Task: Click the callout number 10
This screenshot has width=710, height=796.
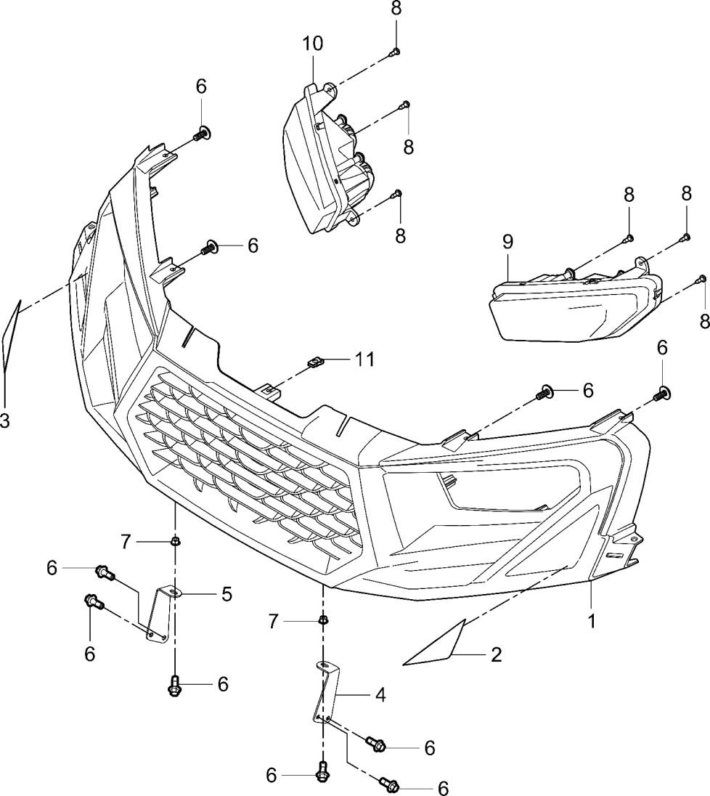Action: coord(313,44)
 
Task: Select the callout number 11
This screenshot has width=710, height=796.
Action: coord(364,359)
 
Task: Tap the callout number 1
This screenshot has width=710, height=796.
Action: coord(592,622)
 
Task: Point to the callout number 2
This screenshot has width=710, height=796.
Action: coord(496,655)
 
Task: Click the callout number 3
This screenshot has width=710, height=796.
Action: coord(5,421)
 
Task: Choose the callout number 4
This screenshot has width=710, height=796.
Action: coord(380,695)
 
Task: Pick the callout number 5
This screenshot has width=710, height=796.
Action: coord(227,594)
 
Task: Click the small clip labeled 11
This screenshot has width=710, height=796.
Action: coord(314,361)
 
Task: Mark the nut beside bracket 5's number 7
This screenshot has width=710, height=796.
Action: coord(175,541)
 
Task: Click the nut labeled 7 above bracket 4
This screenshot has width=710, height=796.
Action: coord(321,621)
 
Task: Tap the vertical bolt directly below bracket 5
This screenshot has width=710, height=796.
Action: coord(174,685)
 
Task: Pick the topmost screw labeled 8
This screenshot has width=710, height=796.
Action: coord(396,51)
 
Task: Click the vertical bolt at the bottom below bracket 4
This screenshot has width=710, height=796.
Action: coord(322,775)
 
